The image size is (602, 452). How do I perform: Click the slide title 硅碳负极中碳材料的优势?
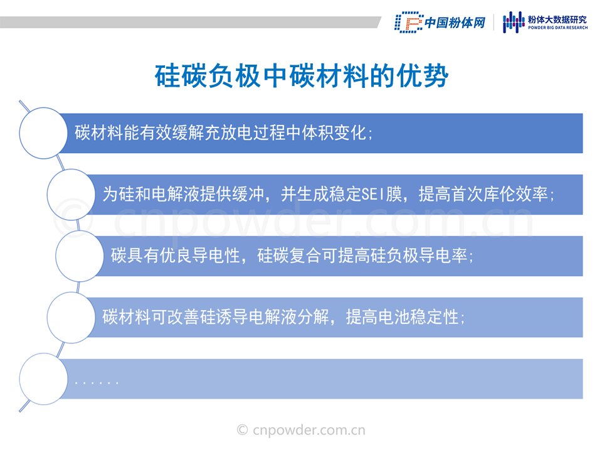pos(302,76)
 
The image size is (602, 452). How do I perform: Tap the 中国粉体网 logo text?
pos(455,23)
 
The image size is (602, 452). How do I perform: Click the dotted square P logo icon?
pos(408,23)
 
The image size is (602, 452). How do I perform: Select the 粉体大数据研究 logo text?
pos(557,19)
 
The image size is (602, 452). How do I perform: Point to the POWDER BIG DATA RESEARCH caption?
pos(557,28)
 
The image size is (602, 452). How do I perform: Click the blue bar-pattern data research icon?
pos(514,22)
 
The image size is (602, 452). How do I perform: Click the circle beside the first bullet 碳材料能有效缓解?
pos(44,133)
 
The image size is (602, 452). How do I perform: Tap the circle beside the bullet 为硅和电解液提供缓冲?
pos(71,195)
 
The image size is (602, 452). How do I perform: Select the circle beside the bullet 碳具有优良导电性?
pos(80,256)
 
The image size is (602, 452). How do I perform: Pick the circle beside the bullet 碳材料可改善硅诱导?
pos(71,318)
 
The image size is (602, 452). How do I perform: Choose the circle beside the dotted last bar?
pos(44,379)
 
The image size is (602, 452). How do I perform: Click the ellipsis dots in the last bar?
pos(97,383)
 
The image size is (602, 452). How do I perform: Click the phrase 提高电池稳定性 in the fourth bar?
pos(403,318)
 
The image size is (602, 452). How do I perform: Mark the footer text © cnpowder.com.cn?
pos(301,430)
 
